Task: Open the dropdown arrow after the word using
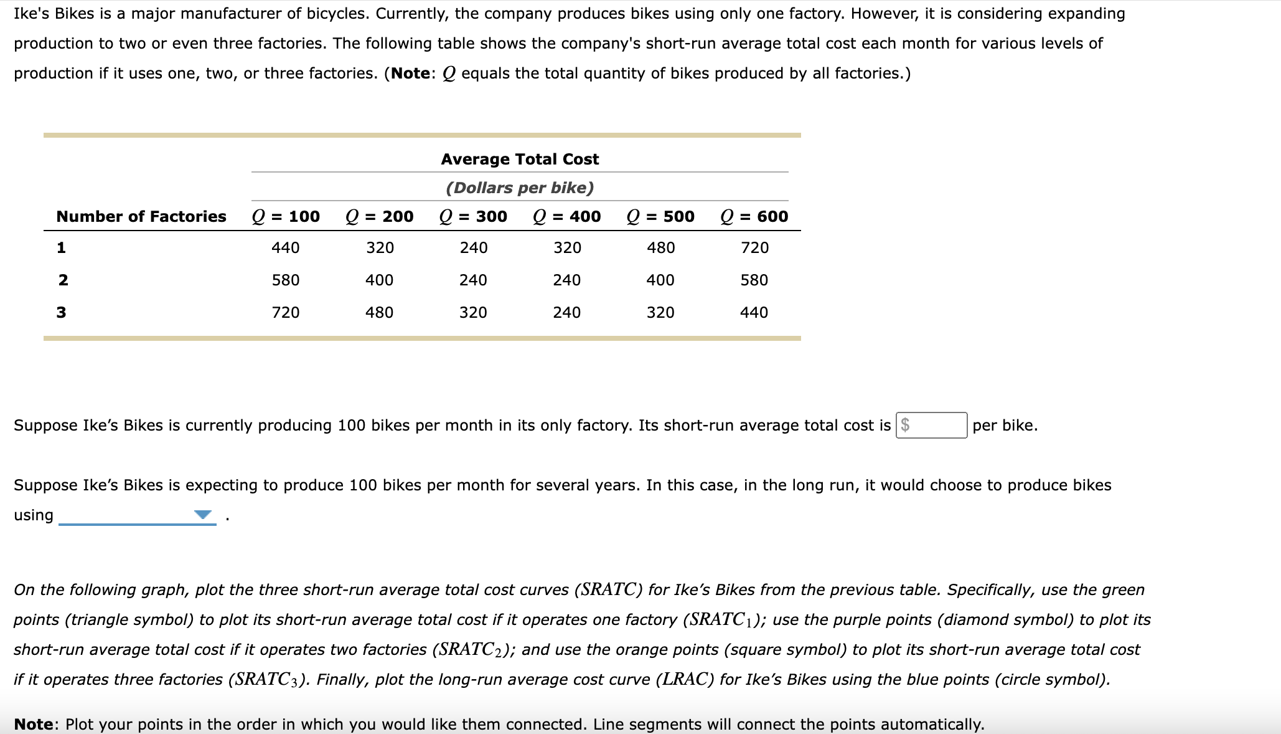click(203, 515)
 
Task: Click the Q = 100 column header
click(286, 216)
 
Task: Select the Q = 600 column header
click(754, 216)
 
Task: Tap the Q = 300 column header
click(473, 216)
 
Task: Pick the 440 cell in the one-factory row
click(286, 248)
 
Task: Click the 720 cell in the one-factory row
click(754, 248)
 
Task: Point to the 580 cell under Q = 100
click(286, 280)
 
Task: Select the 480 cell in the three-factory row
click(379, 313)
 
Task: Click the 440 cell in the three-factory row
click(754, 313)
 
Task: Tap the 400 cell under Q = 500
click(660, 280)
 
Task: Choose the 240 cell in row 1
click(474, 248)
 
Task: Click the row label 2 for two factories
click(63, 280)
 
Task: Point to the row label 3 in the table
click(61, 313)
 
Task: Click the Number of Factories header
click(141, 216)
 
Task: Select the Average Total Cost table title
click(520, 160)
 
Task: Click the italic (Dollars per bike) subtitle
click(520, 188)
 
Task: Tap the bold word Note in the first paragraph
click(410, 74)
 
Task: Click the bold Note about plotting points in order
click(34, 724)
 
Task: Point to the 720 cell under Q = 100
click(286, 313)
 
